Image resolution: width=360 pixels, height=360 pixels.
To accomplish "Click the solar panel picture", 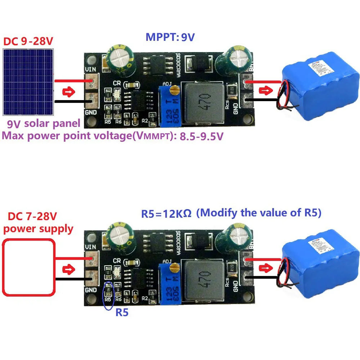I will (x=28, y=81).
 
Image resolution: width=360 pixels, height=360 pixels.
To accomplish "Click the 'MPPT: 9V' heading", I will (x=170, y=37).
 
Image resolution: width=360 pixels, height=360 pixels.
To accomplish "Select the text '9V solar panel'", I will (x=44, y=124).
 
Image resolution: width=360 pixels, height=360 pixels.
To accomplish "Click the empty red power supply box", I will (x=29, y=267).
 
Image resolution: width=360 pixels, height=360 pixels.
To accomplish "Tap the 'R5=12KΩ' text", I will (x=166, y=213).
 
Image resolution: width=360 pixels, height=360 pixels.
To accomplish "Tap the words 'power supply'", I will (x=38, y=229).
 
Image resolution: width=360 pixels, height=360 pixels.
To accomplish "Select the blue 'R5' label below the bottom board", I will (x=122, y=312).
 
